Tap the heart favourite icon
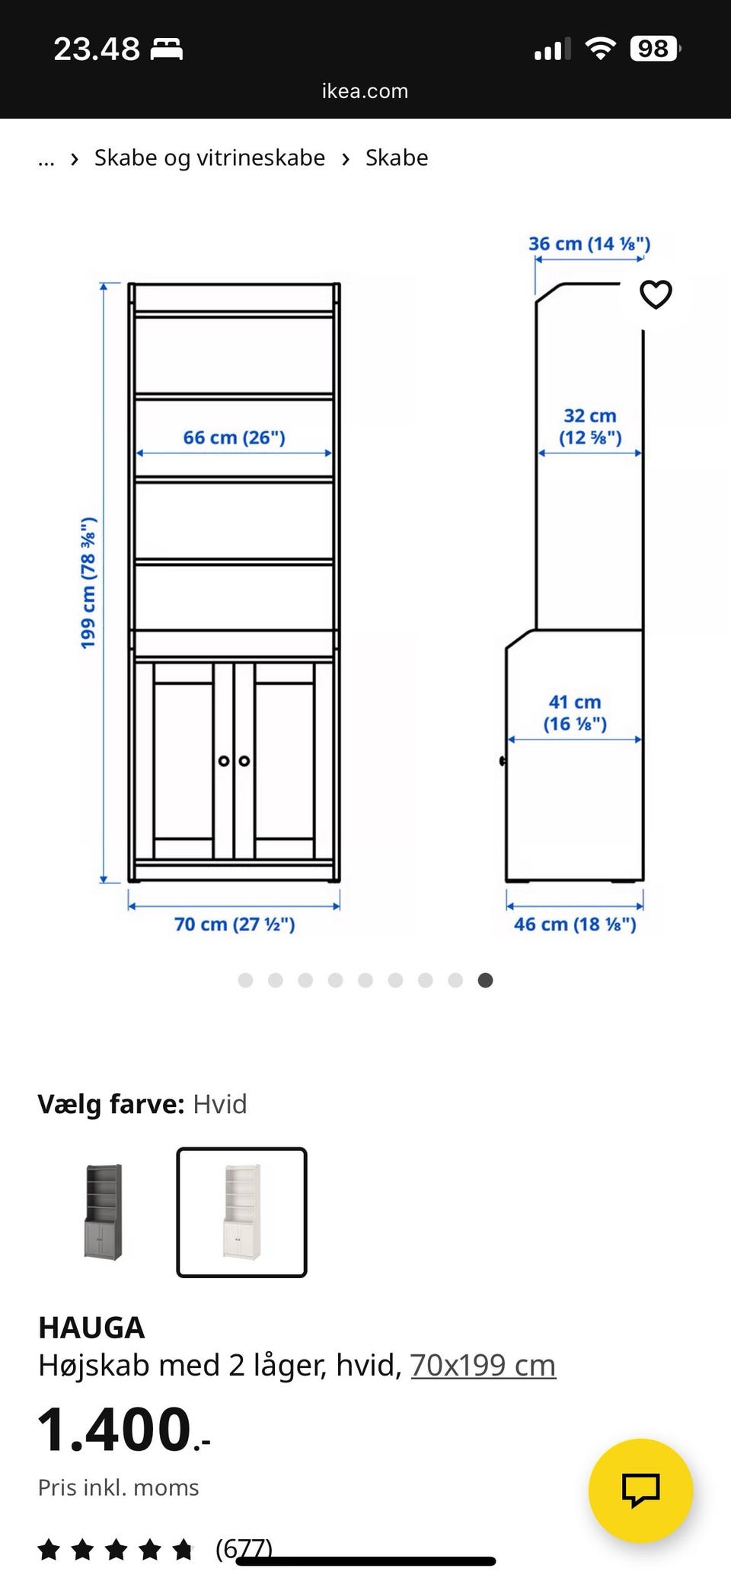(656, 294)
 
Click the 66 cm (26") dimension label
(234, 437)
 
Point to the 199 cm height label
(89, 583)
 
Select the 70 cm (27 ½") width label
(235, 924)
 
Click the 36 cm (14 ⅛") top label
(589, 243)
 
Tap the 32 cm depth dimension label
(590, 427)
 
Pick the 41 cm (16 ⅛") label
(575, 713)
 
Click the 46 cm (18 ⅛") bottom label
(575, 924)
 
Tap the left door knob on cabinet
(223, 761)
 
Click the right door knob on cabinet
(244, 761)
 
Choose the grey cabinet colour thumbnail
(104, 1211)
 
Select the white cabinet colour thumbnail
(241, 1211)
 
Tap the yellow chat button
(640, 1490)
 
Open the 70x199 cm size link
(483, 1365)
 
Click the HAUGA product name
(91, 1328)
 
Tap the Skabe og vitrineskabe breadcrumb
(209, 157)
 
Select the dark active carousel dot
(485, 980)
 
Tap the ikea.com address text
(365, 91)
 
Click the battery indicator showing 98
(654, 49)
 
